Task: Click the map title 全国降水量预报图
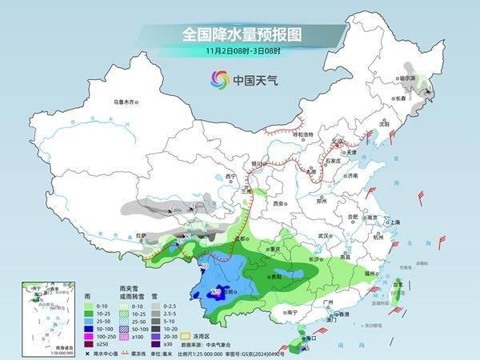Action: point(239,34)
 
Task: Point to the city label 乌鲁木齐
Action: point(126,102)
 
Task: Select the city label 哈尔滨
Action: point(408,78)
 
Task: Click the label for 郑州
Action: point(322,203)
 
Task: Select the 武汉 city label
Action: point(323,236)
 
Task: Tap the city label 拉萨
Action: point(141,235)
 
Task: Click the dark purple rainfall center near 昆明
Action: point(215,292)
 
